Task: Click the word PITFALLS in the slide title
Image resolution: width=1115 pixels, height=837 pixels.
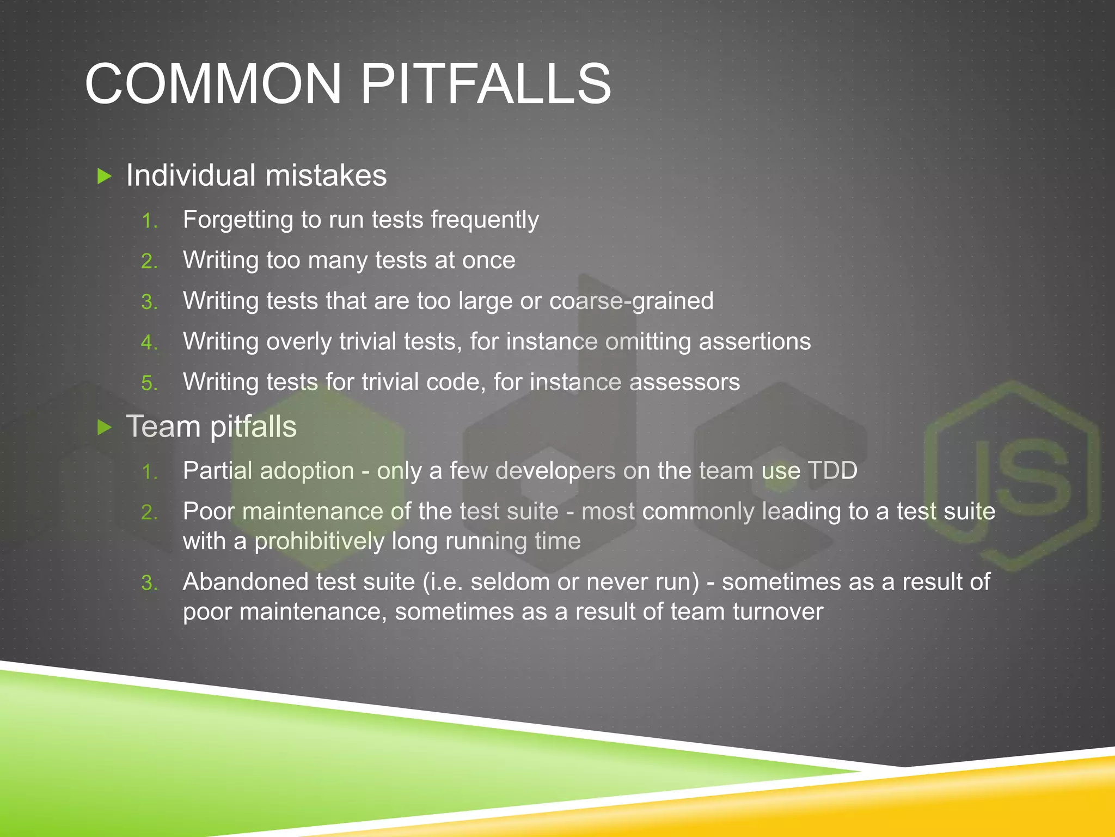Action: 486,84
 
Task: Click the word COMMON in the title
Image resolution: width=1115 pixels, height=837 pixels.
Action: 213,84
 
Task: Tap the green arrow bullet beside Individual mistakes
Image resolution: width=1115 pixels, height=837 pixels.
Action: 104,176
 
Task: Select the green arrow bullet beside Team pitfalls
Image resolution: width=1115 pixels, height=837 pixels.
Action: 104,427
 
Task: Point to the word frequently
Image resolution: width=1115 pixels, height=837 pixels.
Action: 485,220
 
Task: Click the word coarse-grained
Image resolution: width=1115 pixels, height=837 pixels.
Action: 631,301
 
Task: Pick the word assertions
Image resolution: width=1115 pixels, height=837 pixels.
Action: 755,342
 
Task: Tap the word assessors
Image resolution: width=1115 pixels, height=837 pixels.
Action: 684,382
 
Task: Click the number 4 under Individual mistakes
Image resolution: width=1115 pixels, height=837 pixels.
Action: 148,343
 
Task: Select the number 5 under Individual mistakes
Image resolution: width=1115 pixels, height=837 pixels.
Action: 148,383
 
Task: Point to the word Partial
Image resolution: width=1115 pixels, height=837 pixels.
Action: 218,471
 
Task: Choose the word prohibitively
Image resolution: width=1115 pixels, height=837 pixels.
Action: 320,542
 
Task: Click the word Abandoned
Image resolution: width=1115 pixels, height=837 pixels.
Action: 246,582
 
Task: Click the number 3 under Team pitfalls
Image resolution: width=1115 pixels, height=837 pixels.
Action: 148,583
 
